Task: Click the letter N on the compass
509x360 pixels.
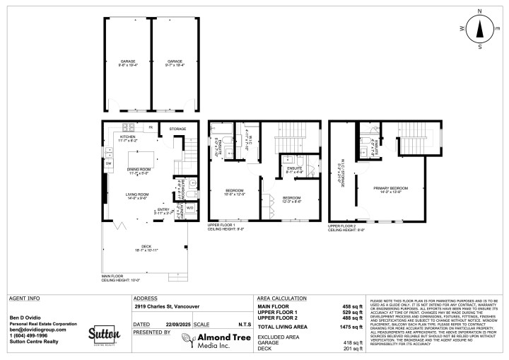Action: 479,11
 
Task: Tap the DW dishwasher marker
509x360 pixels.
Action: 109,164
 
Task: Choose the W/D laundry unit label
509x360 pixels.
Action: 190,208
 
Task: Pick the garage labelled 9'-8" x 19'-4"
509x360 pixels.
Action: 128,63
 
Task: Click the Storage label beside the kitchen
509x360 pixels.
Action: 177,129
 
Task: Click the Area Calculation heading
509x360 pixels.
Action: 281,298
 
